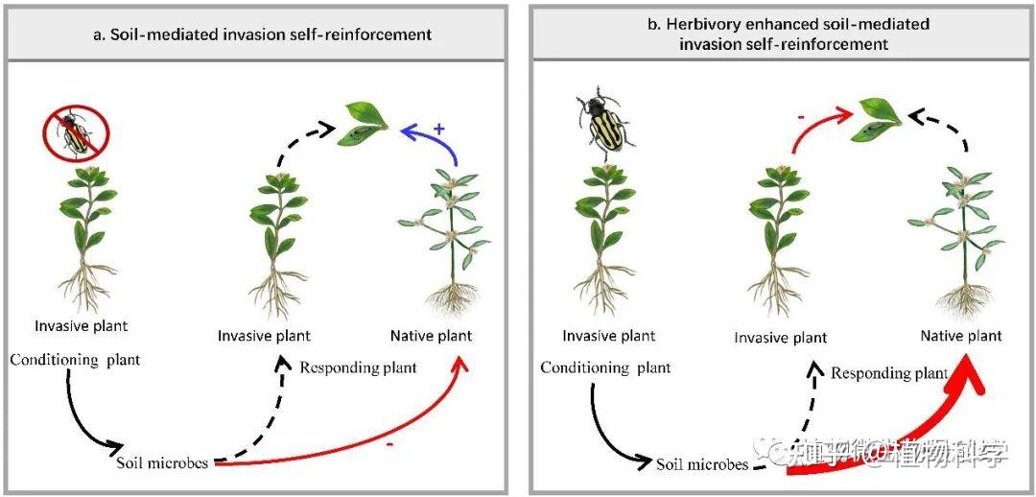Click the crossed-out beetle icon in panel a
point(76,134)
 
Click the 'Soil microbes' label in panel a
point(163,463)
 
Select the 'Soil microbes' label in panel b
point(702,464)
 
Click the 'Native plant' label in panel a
point(431,336)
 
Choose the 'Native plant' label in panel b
point(961,336)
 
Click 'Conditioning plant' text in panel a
point(76,360)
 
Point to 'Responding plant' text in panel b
point(889,373)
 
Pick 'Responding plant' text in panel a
point(358,367)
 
